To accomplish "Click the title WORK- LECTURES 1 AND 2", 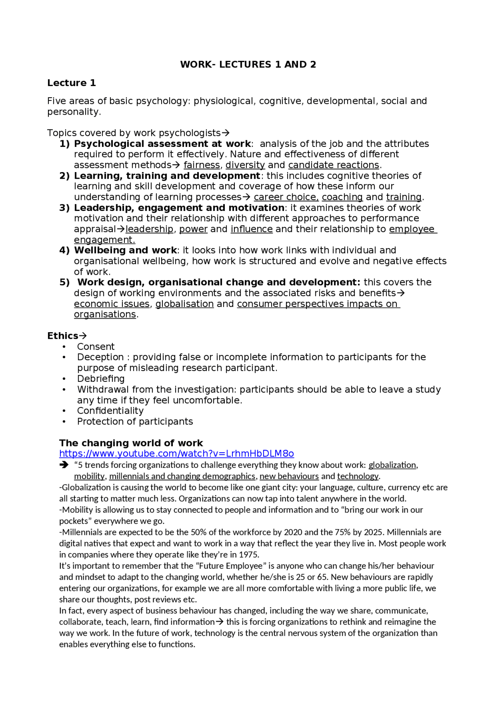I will tap(248, 64).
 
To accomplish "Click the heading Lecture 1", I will tap(71, 83).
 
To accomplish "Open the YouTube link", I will tap(176, 454).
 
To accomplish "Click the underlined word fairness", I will tap(201, 165).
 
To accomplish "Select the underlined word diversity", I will tap(245, 165).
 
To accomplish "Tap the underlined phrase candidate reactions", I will tap(333, 165).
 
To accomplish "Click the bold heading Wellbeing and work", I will tap(125, 250).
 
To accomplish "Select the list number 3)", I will tap(64, 208).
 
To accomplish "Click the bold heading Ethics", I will tap(63, 336).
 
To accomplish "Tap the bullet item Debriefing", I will tap(101, 379).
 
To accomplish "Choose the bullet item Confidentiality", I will tap(110, 411).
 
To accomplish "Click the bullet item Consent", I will tap(96, 347).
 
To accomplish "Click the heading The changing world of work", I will tap(131, 443).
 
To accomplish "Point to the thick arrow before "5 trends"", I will tap(64, 465).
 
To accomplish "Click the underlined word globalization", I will tap(392, 465).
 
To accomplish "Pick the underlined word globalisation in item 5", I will tap(184, 304).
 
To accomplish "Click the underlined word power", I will tap(193, 229).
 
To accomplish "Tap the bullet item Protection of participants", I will tap(135, 422).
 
